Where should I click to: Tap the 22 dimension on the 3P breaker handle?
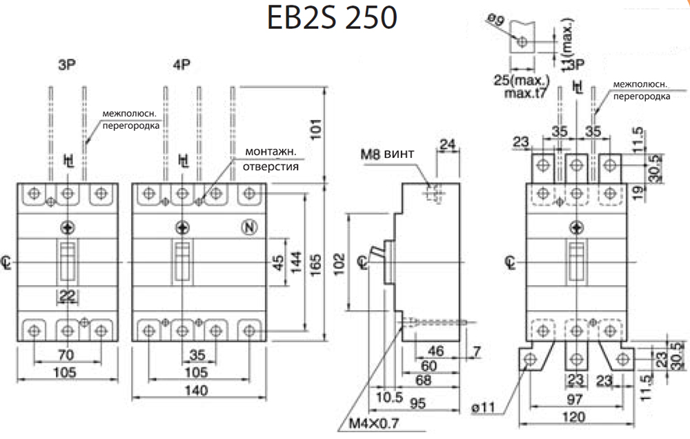coord(68,296)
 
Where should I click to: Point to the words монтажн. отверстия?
coord(270,159)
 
